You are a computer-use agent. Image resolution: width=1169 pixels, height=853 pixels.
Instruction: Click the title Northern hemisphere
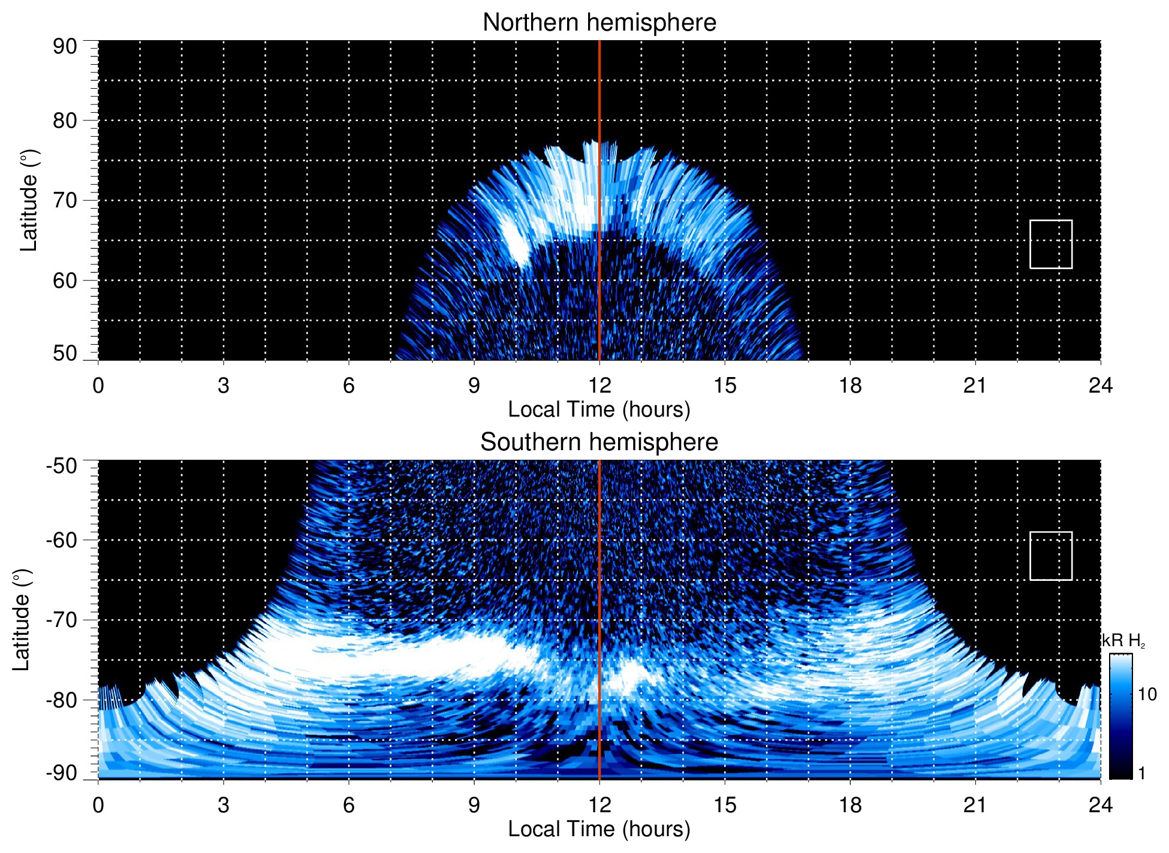(x=599, y=23)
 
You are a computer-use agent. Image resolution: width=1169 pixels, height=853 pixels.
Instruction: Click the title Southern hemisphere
(x=599, y=442)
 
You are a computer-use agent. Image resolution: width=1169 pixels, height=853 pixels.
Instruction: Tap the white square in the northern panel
(x=1051, y=244)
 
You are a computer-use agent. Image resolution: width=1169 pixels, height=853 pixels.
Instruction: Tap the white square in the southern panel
(x=1051, y=556)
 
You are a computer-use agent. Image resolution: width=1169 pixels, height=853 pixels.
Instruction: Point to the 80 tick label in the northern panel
(x=65, y=120)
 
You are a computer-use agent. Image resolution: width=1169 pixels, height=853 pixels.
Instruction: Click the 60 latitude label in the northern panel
(x=65, y=281)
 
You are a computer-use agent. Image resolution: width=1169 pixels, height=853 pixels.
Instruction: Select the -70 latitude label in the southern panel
(x=61, y=620)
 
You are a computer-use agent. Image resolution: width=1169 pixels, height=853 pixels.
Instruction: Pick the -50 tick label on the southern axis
(x=61, y=466)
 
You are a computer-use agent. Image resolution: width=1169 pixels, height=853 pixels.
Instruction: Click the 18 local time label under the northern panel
(x=850, y=385)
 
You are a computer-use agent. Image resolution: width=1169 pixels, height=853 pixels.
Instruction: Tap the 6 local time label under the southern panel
(x=348, y=805)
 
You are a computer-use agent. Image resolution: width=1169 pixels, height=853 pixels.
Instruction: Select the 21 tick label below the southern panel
(x=975, y=805)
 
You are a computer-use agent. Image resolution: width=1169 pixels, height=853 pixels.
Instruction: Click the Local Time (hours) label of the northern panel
(x=599, y=409)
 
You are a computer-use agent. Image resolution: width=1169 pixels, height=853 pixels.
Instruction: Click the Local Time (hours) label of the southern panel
(x=599, y=829)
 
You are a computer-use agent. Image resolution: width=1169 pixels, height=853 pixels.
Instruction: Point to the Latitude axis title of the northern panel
(x=29, y=200)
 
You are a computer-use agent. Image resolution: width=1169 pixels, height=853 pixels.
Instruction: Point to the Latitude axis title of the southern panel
(x=21, y=620)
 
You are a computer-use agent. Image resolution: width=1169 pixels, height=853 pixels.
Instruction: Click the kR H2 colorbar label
(x=1123, y=641)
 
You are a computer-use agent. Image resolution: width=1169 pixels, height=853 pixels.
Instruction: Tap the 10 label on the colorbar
(x=1147, y=695)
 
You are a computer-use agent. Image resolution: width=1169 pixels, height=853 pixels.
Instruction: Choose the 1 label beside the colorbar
(x=1141, y=773)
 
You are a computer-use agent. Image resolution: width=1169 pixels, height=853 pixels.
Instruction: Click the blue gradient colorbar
(x=1120, y=716)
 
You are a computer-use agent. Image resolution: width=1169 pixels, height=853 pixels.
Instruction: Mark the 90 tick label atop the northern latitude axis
(x=65, y=47)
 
